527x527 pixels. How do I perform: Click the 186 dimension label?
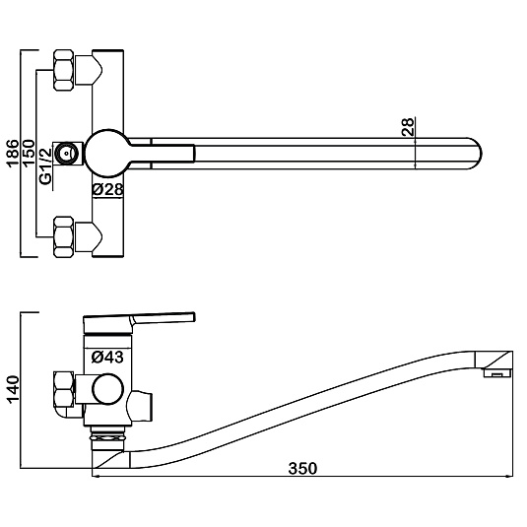(x=13, y=153)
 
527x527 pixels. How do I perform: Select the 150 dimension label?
(x=29, y=153)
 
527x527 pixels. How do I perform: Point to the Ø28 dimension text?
(x=107, y=189)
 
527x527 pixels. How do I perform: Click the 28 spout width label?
(x=409, y=127)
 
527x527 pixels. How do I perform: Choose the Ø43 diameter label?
(x=107, y=357)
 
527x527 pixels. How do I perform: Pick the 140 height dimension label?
(x=14, y=389)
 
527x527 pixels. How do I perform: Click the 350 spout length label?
(x=302, y=469)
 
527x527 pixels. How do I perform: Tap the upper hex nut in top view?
(x=63, y=70)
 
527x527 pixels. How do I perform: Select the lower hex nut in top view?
(x=63, y=237)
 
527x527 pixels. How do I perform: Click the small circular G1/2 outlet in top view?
(x=67, y=154)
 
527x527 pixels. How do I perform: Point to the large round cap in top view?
(x=107, y=153)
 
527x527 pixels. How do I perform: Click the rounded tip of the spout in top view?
(x=474, y=154)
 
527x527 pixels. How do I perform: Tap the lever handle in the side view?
(x=140, y=321)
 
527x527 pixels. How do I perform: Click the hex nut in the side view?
(x=63, y=390)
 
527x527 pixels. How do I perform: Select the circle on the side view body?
(x=108, y=389)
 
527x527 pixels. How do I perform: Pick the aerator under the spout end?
(x=497, y=372)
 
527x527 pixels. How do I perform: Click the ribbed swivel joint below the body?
(x=107, y=438)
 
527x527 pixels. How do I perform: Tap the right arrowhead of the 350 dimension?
(x=509, y=476)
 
